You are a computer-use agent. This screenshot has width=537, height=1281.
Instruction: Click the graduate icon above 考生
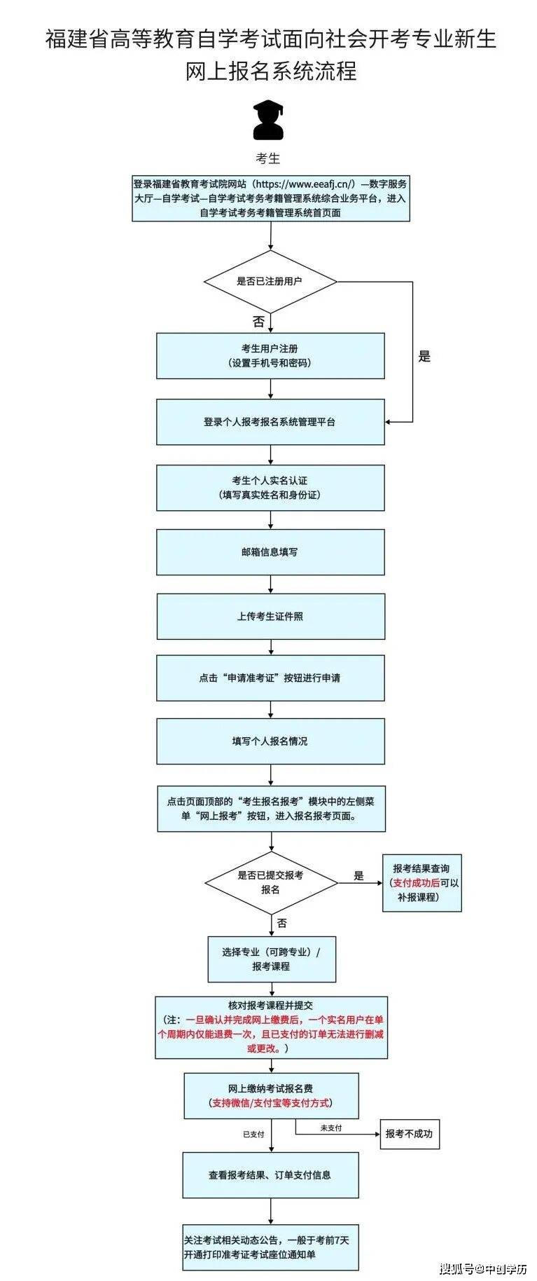pos(268,120)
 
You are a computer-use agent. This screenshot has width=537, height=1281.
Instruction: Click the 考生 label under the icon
pos(268,158)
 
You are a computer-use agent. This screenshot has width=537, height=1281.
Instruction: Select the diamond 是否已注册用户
pos(270,282)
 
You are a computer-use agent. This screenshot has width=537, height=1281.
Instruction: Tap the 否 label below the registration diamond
pos(258,322)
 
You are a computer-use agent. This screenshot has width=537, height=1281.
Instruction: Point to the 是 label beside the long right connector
pos(424,357)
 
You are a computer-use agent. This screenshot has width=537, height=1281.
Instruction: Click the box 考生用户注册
pos(270,355)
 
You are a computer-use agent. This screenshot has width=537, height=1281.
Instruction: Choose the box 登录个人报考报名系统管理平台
pos(270,422)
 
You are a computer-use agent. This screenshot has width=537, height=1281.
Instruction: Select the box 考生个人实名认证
pos(270,488)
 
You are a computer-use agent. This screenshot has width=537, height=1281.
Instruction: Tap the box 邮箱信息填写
pos(270,552)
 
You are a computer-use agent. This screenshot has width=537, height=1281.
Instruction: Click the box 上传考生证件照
pos(270,617)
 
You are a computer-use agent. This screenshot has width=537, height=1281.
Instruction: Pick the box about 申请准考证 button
pos(270,678)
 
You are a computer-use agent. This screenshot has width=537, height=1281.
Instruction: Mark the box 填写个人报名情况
pos(270,741)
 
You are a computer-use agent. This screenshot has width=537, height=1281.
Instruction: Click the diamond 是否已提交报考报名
pos(271,882)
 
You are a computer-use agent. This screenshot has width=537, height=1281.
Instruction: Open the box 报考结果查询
pos(421,882)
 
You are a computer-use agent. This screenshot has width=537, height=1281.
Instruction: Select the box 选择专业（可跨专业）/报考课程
pos(272,959)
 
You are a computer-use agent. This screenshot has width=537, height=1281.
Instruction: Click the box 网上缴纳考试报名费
pos(271,1095)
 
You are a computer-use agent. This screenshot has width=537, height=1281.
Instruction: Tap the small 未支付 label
pos(331,1128)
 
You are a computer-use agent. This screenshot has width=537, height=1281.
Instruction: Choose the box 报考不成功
pos(409,1134)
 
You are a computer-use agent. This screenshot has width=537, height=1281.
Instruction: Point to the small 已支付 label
pos(253,1134)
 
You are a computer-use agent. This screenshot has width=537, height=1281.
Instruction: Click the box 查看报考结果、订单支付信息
pos(270,1175)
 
